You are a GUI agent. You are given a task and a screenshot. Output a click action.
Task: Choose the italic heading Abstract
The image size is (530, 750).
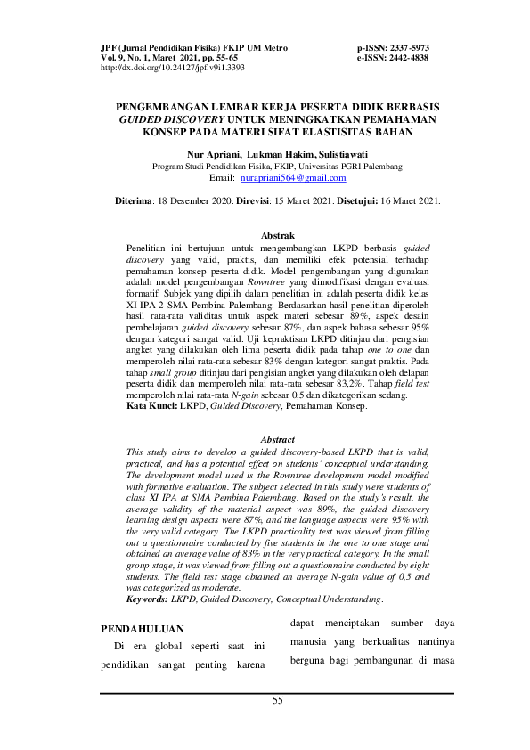coord(277,440)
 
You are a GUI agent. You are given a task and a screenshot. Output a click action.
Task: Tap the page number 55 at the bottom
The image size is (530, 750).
coord(277,701)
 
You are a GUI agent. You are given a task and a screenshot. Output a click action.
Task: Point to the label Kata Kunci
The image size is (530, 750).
coord(150,406)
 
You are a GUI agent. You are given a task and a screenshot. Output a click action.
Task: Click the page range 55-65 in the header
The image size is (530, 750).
coord(221,56)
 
